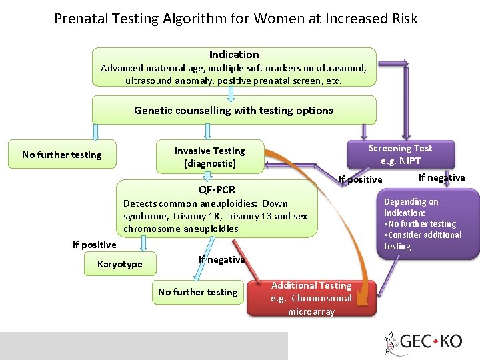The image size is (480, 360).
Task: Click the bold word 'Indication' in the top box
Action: [234, 55]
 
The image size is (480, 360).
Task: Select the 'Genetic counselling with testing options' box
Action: [233, 111]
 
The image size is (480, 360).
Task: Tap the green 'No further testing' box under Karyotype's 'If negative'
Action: [197, 292]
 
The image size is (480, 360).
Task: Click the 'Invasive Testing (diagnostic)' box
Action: [209, 156]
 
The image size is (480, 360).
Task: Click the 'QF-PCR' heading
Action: [217, 189]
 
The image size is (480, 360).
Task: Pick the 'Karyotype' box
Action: [120, 264]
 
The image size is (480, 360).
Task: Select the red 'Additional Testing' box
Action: [311, 298]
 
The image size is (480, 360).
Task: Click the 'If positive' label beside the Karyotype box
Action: [94, 245]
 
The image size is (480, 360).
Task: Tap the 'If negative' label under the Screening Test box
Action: [441, 177]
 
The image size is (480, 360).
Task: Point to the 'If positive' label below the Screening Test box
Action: [361, 179]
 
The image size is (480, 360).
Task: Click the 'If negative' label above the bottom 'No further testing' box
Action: [221, 259]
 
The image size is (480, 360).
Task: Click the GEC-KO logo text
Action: [432, 341]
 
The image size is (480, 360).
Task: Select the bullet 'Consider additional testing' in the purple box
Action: [423, 240]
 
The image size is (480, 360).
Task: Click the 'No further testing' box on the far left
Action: [61, 155]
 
